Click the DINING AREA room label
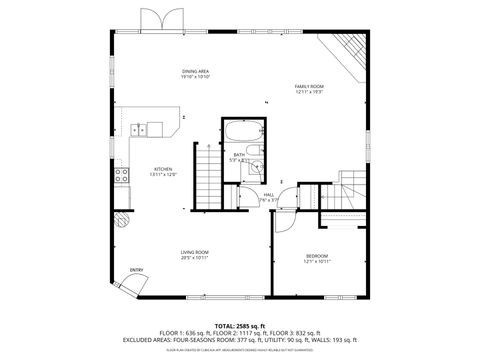pyautogui.click(x=195, y=71)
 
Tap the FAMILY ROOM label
pyautogui.click(x=309, y=87)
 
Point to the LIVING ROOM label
pyautogui.click(x=194, y=252)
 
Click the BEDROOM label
pyautogui.click(x=316, y=256)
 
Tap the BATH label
pyautogui.click(x=240, y=155)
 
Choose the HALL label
pyautogui.click(x=269, y=195)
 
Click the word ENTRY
pyautogui.click(x=136, y=269)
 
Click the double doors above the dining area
pyautogui.click(x=161, y=19)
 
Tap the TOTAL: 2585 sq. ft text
pyautogui.click(x=240, y=325)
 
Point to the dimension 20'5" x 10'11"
pyautogui.click(x=194, y=258)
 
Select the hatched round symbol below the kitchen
pyautogui.click(x=122, y=216)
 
